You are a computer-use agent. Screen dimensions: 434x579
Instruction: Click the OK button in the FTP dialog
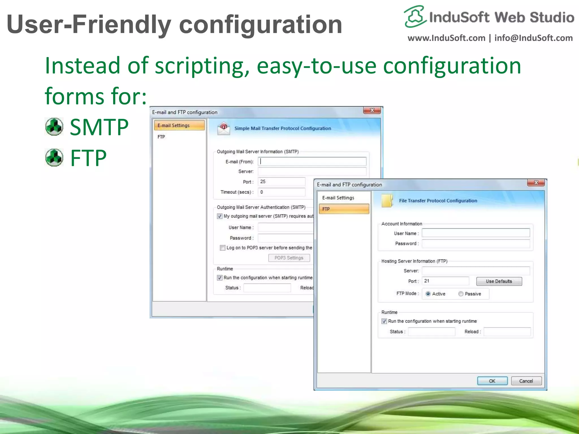(492, 381)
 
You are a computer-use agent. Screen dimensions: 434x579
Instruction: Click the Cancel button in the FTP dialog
(526, 381)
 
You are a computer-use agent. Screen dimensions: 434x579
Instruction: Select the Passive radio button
(461, 294)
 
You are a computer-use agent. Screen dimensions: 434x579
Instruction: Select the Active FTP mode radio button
(428, 294)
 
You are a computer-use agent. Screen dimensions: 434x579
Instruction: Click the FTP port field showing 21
(445, 281)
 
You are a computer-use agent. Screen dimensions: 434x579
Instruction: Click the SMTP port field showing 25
(281, 182)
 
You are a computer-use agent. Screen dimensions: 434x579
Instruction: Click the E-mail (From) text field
(312, 161)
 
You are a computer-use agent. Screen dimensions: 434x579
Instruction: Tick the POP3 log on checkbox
(222, 248)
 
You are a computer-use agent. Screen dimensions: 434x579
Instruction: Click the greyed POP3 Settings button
(289, 258)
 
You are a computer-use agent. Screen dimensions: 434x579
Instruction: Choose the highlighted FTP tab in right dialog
(344, 209)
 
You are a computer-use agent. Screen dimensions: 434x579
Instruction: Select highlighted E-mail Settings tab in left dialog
(179, 125)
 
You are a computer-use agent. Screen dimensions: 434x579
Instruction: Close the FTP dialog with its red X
(536, 183)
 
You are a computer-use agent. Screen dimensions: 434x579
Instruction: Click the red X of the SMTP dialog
(372, 110)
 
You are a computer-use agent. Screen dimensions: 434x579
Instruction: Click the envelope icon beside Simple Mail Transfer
(224, 129)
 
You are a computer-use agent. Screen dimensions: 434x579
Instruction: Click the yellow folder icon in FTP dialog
(387, 201)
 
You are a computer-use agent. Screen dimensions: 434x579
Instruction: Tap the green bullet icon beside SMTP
(54, 127)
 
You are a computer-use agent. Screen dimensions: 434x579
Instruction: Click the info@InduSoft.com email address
(533, 38)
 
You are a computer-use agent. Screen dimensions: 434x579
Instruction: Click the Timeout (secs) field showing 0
(281, 192)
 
